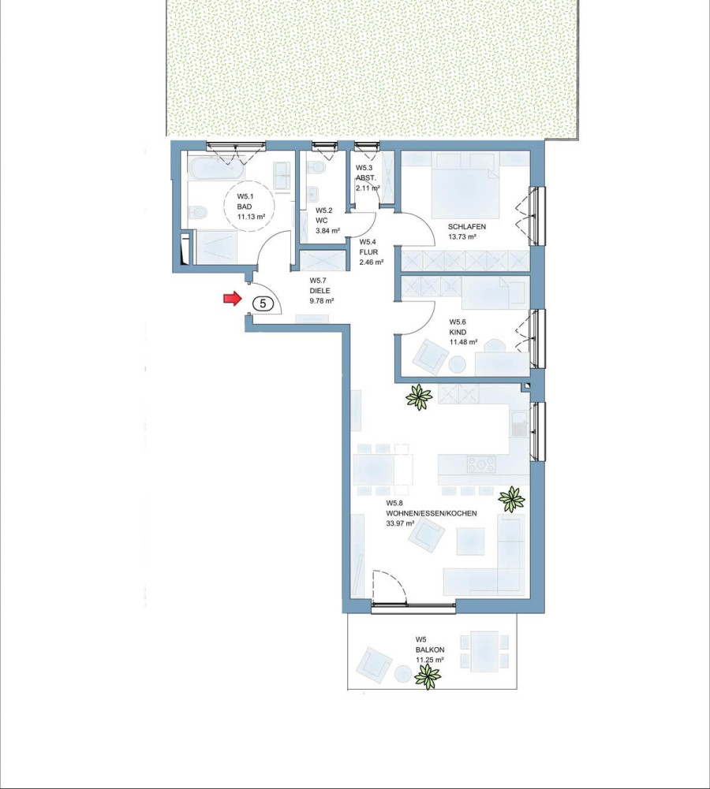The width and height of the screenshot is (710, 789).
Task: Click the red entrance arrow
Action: tap(233, 299)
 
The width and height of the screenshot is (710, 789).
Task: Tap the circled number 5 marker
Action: tap(263, 303)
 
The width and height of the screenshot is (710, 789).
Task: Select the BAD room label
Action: tap(245, 207)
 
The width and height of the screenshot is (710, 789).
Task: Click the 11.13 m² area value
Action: tap(252, 217)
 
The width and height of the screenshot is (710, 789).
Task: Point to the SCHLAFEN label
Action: tap(467, 227)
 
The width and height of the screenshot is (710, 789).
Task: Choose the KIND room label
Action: tap(458, 332)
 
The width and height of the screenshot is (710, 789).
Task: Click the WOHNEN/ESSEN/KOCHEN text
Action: tap(431, 513)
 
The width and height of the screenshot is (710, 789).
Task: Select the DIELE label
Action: tap(319, 290)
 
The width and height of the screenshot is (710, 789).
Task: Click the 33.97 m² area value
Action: tap(400, 523)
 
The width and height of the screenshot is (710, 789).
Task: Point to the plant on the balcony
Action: tap(428, 676)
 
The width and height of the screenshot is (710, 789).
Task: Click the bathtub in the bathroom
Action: tap(216, 167)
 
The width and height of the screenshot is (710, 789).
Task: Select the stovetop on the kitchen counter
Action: tap(481, 463)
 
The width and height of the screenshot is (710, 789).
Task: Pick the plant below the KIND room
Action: tap(419, 397)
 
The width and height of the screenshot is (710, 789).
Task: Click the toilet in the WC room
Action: tap(316, 166)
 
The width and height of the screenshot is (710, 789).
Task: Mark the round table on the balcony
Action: tap(403, 673)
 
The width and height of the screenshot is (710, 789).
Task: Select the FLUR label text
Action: tap(368, 252)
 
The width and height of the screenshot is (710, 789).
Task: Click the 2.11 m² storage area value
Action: tap(368, 188)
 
